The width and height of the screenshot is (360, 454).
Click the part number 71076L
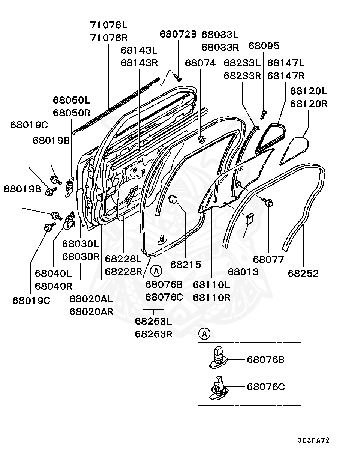(109, 26)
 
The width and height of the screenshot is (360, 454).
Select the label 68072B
(178, 34)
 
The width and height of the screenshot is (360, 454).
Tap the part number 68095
(264, 46)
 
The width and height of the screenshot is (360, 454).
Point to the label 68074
(200, 63)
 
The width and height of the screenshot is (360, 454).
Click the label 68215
(185, 264)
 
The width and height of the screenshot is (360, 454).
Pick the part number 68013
(243, 272)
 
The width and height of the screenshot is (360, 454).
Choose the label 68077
(268, 259)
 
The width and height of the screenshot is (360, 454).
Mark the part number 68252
(303, 273)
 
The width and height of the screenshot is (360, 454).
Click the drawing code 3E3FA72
(314, 440)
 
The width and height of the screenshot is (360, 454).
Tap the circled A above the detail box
(204, 333)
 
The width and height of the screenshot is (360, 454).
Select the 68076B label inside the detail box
(265, 360)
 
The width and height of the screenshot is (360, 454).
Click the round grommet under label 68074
(202, 140)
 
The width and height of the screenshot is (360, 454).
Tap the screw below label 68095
(264, 112)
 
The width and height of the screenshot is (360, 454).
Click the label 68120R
(309, 104)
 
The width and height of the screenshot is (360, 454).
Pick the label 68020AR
(91, 311)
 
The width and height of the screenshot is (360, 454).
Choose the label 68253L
(153, 321)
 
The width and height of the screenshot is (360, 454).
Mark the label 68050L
(71, 100)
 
